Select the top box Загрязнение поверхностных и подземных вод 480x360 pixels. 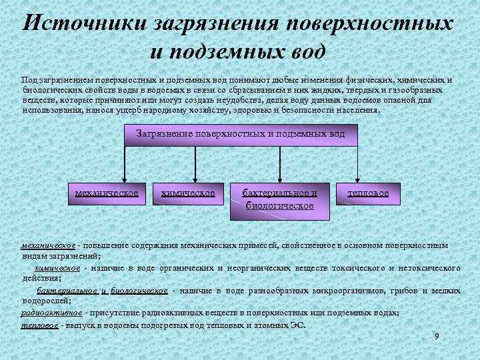point(241,134)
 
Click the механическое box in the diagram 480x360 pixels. point(107,193)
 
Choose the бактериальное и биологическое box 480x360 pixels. point(279,199)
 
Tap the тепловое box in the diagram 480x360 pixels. point(368,193)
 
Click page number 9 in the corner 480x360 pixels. point(437,336)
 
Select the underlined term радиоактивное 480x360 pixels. point(52,312)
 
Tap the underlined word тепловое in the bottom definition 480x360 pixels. point(39,325)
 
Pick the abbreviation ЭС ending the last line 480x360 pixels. point(298,325)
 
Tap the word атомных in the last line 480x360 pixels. point(269,325)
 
